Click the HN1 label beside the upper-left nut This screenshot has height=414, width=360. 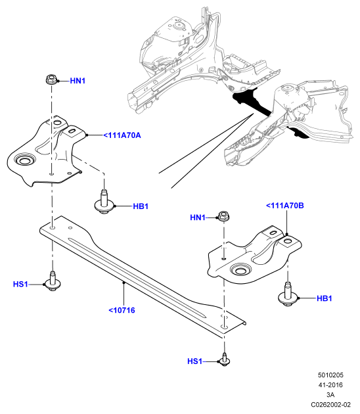(x=78, y=81)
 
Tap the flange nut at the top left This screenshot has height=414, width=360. (x=51, y=79)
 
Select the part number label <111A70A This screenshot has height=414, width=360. (x=122, y=135)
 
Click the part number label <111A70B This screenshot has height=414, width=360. (x=284, y=206)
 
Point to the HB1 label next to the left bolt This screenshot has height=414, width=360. (x=141, y=206)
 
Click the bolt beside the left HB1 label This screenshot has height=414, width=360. (x=104, y=202)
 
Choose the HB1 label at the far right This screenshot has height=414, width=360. (x=324, y=298)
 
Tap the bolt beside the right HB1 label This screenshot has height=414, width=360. (x=288, y=294)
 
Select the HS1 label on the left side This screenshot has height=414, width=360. (x=20, y=285)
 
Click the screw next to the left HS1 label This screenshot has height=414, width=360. (x=53, y=281)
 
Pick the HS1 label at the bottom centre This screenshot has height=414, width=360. (x=194, y=361)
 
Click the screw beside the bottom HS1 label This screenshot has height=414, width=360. (x=225, y=359)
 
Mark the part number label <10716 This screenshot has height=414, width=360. (x=122, y=310)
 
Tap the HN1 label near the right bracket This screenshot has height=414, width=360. (x=198, y=218)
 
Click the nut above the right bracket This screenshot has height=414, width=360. (x=223, y=216)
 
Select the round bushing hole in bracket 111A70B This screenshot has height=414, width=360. (x=240, y=270)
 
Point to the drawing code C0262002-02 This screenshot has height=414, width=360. (x=330, y=405)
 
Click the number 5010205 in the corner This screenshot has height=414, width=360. (x=330, y=375)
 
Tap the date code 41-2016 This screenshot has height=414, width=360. (x=330, y=385)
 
